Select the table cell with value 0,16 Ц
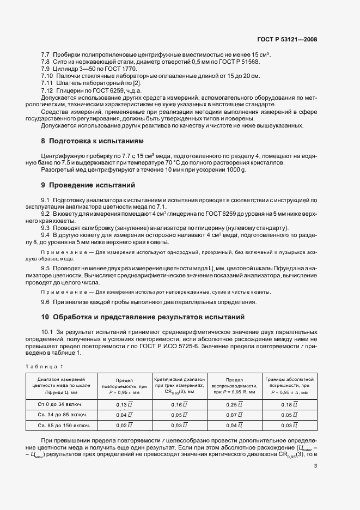click(x=179, y=404)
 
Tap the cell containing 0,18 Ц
click(x=290, y=404)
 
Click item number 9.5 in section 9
click(x=46, y=268)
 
